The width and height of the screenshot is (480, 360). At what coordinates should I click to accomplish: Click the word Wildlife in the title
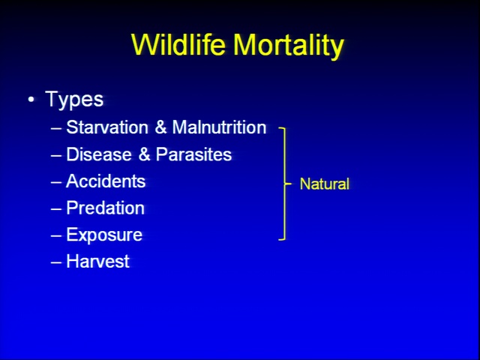pyautogui.click(x=178, y=45)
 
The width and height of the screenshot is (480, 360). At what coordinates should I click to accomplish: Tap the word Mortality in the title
pyautogui.click(x=289, y=46)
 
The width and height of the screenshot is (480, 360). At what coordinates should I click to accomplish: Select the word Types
pyautogui.click(x=74, y=99)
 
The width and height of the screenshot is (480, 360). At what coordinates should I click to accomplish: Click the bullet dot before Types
pyautogui.click(x=31, y=100)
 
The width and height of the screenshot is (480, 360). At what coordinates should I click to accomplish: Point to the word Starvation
pyautogui.click(x=107, y=127)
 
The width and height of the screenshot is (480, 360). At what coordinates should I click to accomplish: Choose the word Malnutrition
pyautogui.click(x=219, y=127)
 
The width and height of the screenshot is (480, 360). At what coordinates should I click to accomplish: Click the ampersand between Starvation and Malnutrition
pyautogui.click(x=160, y=127)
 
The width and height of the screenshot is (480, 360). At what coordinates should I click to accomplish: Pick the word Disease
pyautogui.click(x=99, y=154)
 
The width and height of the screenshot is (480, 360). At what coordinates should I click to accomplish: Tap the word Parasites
pyautogui.click(x=193, y=154)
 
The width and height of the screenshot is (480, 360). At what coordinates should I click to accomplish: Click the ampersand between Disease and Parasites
pyautogui.click(x=144, y=154)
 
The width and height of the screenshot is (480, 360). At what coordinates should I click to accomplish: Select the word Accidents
pyautogui.click(x=106, y=181)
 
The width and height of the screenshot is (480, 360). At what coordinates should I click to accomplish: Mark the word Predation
pyautogui.click(x=105, y=208)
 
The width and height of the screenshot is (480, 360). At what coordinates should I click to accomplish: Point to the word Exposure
pyautogui.click(x=104, y=235)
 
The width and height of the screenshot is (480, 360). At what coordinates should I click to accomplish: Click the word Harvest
pyautogui.click(x=98, y=262)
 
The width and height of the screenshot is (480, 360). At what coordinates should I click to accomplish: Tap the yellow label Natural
pyautogui.click(x=325, y=184)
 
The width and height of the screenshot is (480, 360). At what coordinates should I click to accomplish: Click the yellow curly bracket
pyautogui.click(x=285, y=184)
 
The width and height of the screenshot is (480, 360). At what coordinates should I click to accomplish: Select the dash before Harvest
pyautogui.click(x=56, y=262)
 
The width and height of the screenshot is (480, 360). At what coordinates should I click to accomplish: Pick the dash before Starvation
pyautogui.click(x=56, y=128)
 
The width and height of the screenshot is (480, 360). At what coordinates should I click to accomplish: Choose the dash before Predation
pyautogui.click(x=56, y=209)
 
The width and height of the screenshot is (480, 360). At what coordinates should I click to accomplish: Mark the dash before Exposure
pyautogui.click(x=56, y=236)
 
